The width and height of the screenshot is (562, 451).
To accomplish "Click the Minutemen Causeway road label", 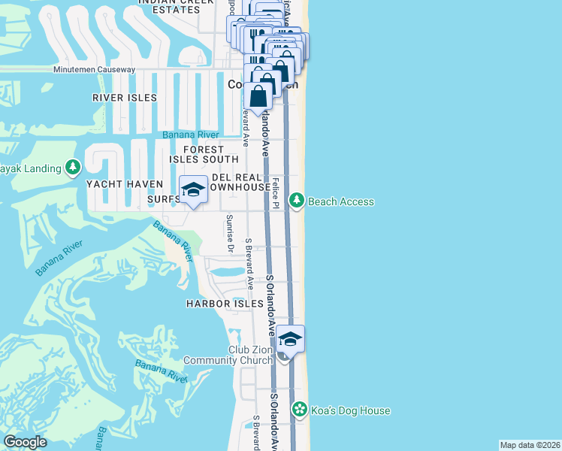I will click(x=94, y=70).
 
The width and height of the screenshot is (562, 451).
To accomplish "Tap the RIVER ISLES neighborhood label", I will click(x=125, y=98).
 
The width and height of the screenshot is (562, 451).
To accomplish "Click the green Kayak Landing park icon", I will click(x=73, y=166).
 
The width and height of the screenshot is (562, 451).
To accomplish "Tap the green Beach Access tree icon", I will click(x=298, y=201).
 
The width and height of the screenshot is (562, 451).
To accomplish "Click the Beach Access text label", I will click(x=341, y=201).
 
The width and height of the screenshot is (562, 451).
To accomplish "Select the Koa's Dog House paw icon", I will click(x=300, y=410).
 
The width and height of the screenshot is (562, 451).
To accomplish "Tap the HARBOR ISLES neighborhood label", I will click(x=225, y=304).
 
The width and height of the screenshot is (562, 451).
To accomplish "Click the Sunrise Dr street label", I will click(x=230, y=232).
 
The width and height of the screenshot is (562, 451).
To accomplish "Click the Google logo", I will click(x=26, y=442).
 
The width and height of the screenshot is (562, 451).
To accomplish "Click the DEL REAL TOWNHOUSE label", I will click(x=240, y=181).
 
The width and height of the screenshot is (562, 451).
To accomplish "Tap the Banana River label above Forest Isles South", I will click(x=191, y=135).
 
